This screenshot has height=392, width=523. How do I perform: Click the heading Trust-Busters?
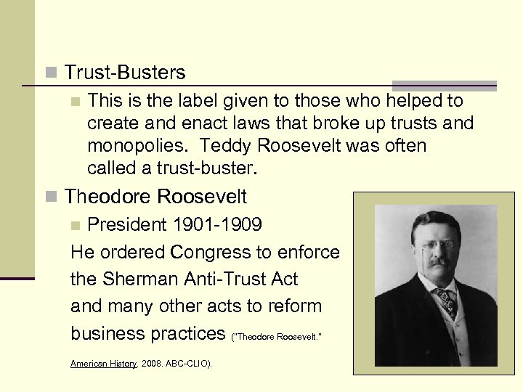(x=124, y=73)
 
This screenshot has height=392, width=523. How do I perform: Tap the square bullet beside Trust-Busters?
(x=50, y=73)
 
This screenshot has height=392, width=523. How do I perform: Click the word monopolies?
(x=137, y=146)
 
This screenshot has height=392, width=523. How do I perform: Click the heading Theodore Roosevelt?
(x=155, y=197)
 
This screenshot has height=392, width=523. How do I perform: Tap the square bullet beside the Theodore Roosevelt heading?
(x=50, y=197)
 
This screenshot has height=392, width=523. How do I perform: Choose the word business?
(x=107, y=333)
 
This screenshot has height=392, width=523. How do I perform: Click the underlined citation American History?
(x=103, y=364)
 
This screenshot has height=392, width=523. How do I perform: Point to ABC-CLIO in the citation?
(x=188, y=364)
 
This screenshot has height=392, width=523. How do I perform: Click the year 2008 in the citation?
(x=152, y=364)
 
